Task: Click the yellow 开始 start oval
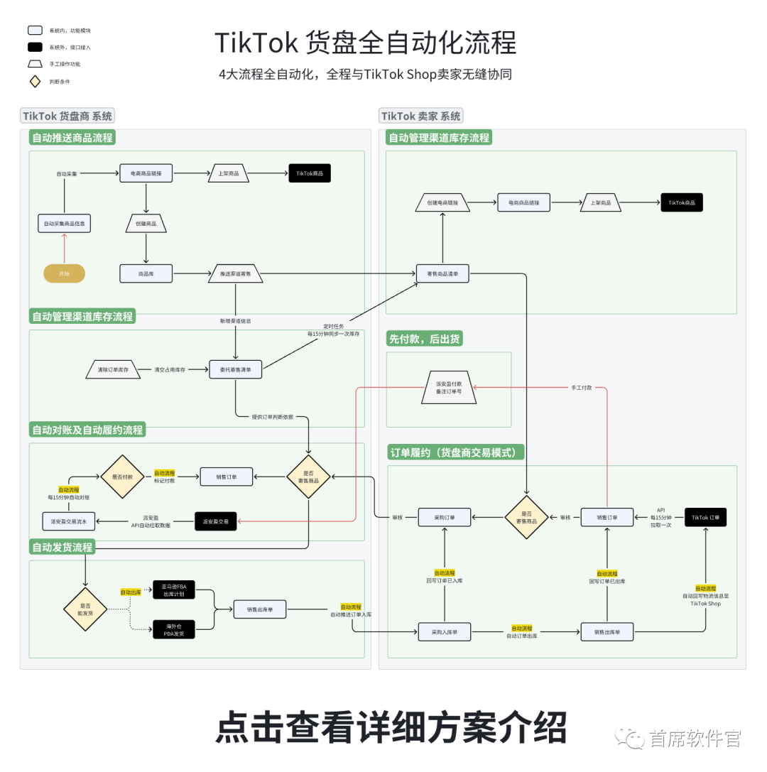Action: click(64, 273)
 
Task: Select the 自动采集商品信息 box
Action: click(65, 223)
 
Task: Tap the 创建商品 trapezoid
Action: click(146, 223)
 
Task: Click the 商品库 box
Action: click(146, 273)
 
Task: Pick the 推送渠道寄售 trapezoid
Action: click(235, 273)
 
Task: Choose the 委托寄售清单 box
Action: click(235, 369)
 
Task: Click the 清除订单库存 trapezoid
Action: click(113, 369)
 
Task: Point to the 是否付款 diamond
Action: click(121, 477)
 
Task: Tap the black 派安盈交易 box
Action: click(215, 521)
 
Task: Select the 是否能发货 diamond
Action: click(85, 608)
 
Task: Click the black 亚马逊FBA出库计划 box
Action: click(173, 589)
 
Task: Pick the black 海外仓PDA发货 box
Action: click(173, 629)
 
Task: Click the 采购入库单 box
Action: click(444, 631)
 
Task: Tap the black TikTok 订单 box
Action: click(705, 518)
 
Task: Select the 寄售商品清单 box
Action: click(442, 273)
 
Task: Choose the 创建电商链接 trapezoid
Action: click(442, 202)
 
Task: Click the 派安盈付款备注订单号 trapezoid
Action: click(448, 387)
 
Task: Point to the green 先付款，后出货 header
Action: click(425, 339)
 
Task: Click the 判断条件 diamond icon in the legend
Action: click(34, 81)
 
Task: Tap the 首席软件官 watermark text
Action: click(695, 739)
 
